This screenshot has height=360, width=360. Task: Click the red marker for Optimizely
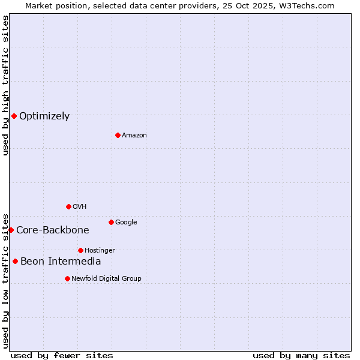pos(14,116)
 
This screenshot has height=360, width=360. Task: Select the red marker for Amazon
pos(118,135)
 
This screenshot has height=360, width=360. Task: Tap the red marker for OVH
pos(68,206)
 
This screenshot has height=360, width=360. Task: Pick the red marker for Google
pos(111,222)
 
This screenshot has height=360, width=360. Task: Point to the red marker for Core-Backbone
pos(11,230)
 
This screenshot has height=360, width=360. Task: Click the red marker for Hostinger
pos(80,250)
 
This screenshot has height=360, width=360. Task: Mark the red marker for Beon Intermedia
pos(15,261)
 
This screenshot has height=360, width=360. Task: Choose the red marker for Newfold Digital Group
pos(67,278)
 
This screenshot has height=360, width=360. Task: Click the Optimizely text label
pos(44,116)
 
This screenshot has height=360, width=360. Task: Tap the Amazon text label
pos(134,136)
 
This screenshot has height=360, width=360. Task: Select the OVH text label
pos(80,207)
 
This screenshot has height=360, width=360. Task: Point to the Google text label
pos(126,223)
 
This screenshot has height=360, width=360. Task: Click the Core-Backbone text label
pos(53,230)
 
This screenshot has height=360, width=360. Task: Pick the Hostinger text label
pos(100,251)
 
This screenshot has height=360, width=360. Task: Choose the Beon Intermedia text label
pos(61,262)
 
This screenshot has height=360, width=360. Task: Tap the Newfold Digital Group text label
pos(106,279)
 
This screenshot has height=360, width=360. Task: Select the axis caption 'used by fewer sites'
pos(62,355)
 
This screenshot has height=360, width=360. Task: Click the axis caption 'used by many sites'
pos(301,355)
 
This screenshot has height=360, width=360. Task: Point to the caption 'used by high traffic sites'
pos(6,85)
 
